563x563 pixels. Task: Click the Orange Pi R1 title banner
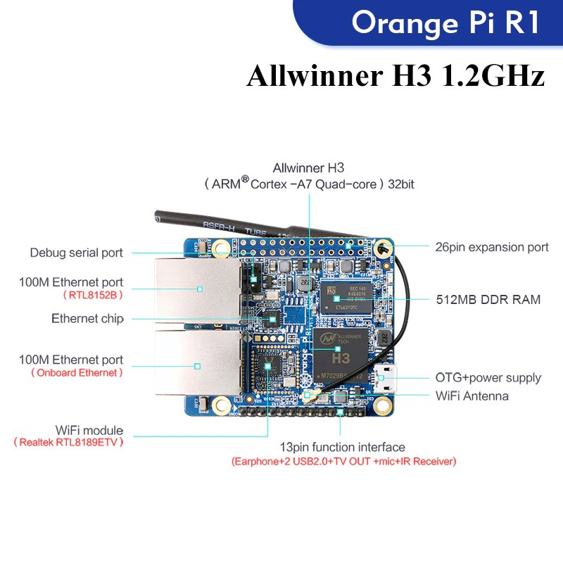click(x=445, y=23)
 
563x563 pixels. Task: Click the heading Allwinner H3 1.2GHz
click(x=396, y=75)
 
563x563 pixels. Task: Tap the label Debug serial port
click(x=76, y=253)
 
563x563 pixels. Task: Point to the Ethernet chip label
click(x=87, y=319)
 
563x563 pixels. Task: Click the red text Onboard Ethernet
click(x=77, y=372)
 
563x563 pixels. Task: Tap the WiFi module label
click(x=89, y=430)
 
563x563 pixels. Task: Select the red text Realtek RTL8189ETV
click(x=68, y=442)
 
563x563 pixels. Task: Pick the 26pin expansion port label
click(x=492, y=247)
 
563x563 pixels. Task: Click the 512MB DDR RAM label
click(x=488, y=300)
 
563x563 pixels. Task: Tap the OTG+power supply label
click(x=488, y=378)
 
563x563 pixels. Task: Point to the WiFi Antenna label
click(x=472, y=396)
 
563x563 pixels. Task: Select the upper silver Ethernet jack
click(x=198, y=288)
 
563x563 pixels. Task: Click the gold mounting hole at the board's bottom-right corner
click(x=382, y=405)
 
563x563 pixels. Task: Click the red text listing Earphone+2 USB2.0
click(x=343, y=462)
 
